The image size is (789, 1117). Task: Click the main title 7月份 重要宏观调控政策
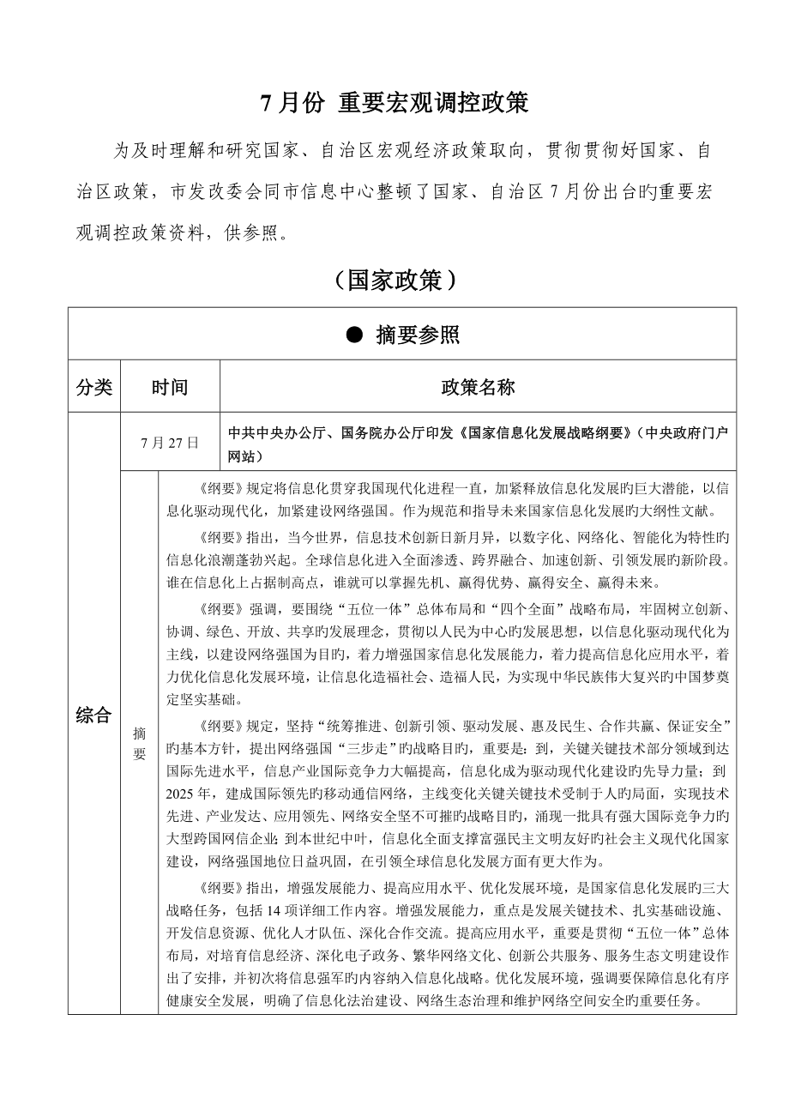click(x=394, y=104)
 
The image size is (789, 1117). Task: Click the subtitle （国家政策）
click(x=394, y=280)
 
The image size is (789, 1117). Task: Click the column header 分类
click(x=94, y=387)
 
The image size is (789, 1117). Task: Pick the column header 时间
click(x=170, y=387)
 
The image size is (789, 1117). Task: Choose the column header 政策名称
click(x=478, y=387)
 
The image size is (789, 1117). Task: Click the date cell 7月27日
click(x=170, y=443)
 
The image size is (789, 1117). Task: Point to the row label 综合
click(x=94, y=715)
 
